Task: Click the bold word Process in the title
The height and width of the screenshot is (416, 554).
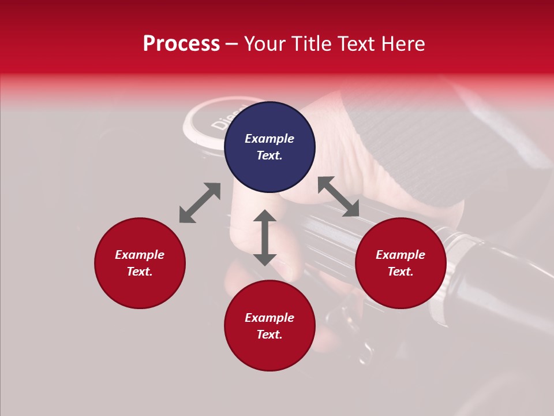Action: [x=181, y=44]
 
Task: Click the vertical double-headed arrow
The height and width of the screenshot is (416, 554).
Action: [x=265, y=237]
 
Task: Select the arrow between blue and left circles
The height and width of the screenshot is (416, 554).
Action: [x=200, y=203]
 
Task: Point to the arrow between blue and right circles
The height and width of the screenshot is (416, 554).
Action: [x=338, y=196]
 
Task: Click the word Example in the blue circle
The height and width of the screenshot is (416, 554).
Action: [x=269, y=139]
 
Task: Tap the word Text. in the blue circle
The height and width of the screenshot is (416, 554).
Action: [x=269, y=156]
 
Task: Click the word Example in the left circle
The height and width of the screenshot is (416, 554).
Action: [x=140, y=255]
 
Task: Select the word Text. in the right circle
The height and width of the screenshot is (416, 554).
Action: [x=400, y=272]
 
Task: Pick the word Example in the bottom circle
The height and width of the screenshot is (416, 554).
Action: [x=269, y=318]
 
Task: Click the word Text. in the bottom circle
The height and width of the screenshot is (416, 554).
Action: [x=269, y=335]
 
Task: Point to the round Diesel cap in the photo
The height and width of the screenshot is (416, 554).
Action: [x=208, y=121]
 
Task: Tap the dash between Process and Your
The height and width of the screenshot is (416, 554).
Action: [x=232, y=44]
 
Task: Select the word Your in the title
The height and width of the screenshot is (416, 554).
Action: [x=266, y=44]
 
